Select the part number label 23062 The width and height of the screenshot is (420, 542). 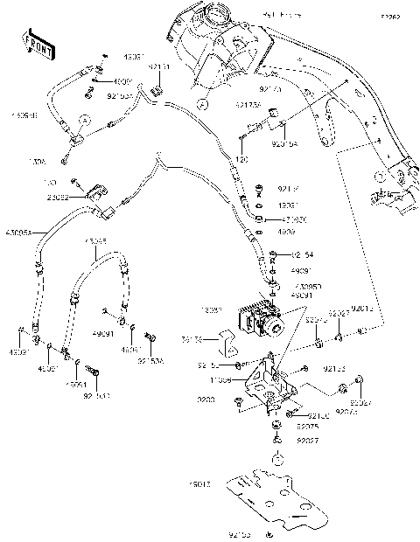(x=82, y=198)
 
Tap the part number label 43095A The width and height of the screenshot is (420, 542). (x=18, y=233)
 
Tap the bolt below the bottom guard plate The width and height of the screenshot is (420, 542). (x=271, y=532)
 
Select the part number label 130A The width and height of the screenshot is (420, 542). (x=38, y=161)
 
